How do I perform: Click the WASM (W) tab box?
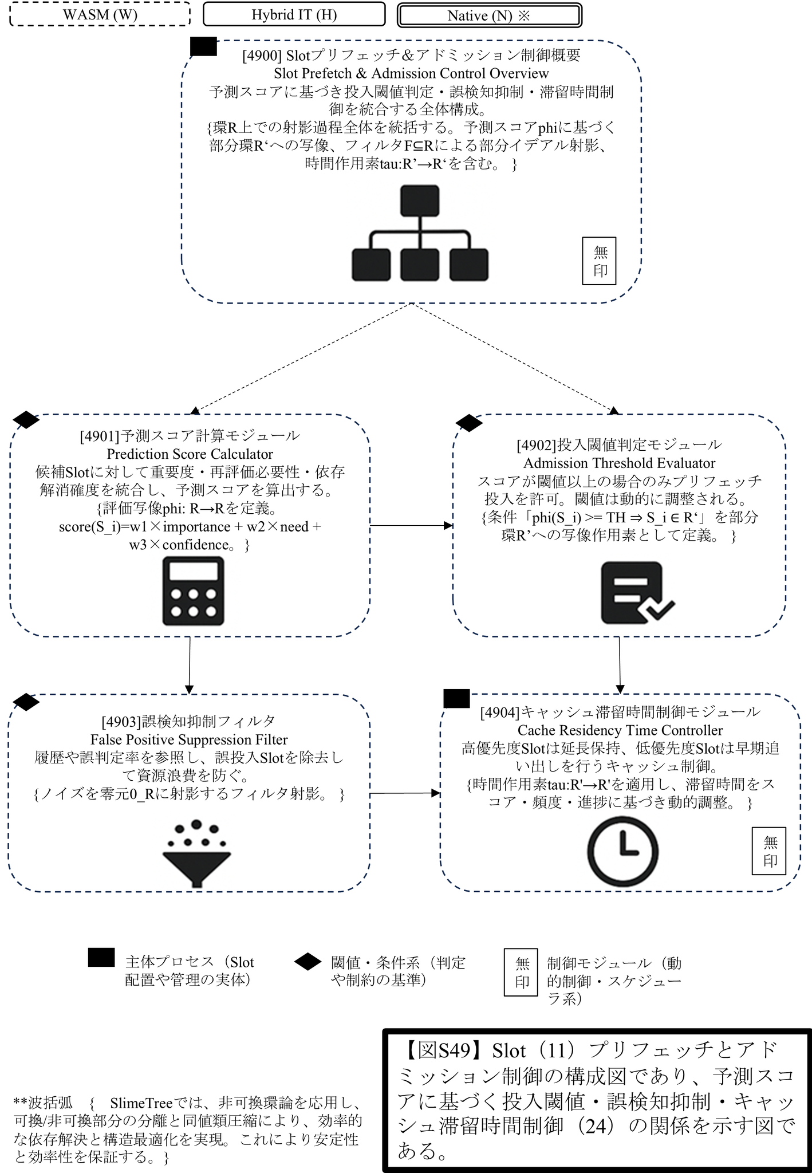click(100, 14)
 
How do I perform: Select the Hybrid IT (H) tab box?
click(294, 14)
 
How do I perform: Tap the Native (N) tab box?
click(489, 15)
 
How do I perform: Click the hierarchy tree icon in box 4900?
click(420, 233)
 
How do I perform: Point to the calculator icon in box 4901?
click(193, 591)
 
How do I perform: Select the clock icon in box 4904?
click(623, 851)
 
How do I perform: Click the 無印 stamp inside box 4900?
click(599, 261)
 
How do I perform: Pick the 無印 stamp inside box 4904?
click(768, 851)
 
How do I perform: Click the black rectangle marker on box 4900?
click(203, 46)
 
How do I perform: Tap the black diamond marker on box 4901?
click(26, 420)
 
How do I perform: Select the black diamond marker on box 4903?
click(26, 702)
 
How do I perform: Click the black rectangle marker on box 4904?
click(456, 698)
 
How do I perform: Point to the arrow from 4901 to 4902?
click(411, 525)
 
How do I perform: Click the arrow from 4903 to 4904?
click(405, 793)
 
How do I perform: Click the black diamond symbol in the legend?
click(308, 962)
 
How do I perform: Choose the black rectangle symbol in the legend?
click(101, 958)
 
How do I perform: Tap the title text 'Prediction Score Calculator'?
click(190, 454)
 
